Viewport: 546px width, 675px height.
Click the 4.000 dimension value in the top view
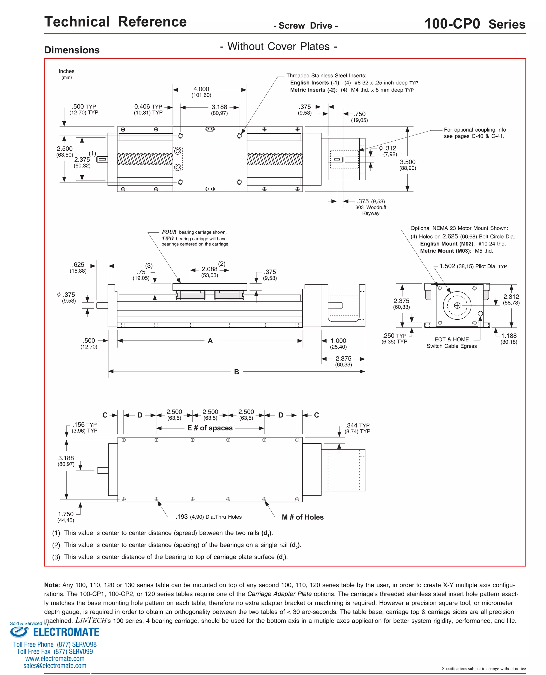[201, 89]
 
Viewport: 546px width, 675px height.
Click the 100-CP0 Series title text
[475, 24]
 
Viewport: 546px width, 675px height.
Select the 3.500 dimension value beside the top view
[408, 162]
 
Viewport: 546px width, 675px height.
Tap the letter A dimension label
[210, 341]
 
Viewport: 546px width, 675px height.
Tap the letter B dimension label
[236, 372]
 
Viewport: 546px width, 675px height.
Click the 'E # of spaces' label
[210, 428]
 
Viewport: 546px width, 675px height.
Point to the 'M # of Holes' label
[303, 517]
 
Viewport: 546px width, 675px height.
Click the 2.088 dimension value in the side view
[210, 269]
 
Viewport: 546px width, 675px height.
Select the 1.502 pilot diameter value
[447, 266]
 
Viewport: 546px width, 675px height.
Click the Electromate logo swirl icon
[19, 632]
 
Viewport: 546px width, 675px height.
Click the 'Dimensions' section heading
[72, 50]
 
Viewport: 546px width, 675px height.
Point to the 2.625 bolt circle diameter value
[450, 236]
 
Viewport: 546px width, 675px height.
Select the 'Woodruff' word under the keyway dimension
[376, 207]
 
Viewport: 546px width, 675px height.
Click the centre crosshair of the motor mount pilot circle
[457, 305]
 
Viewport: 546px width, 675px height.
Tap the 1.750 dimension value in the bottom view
[66, 514]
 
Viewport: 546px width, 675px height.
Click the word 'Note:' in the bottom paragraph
[52, 585]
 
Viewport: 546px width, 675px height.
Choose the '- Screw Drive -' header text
[306, 26]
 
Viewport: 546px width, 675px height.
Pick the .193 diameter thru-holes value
[182, 517]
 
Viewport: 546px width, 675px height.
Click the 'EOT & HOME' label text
[452, 340]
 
